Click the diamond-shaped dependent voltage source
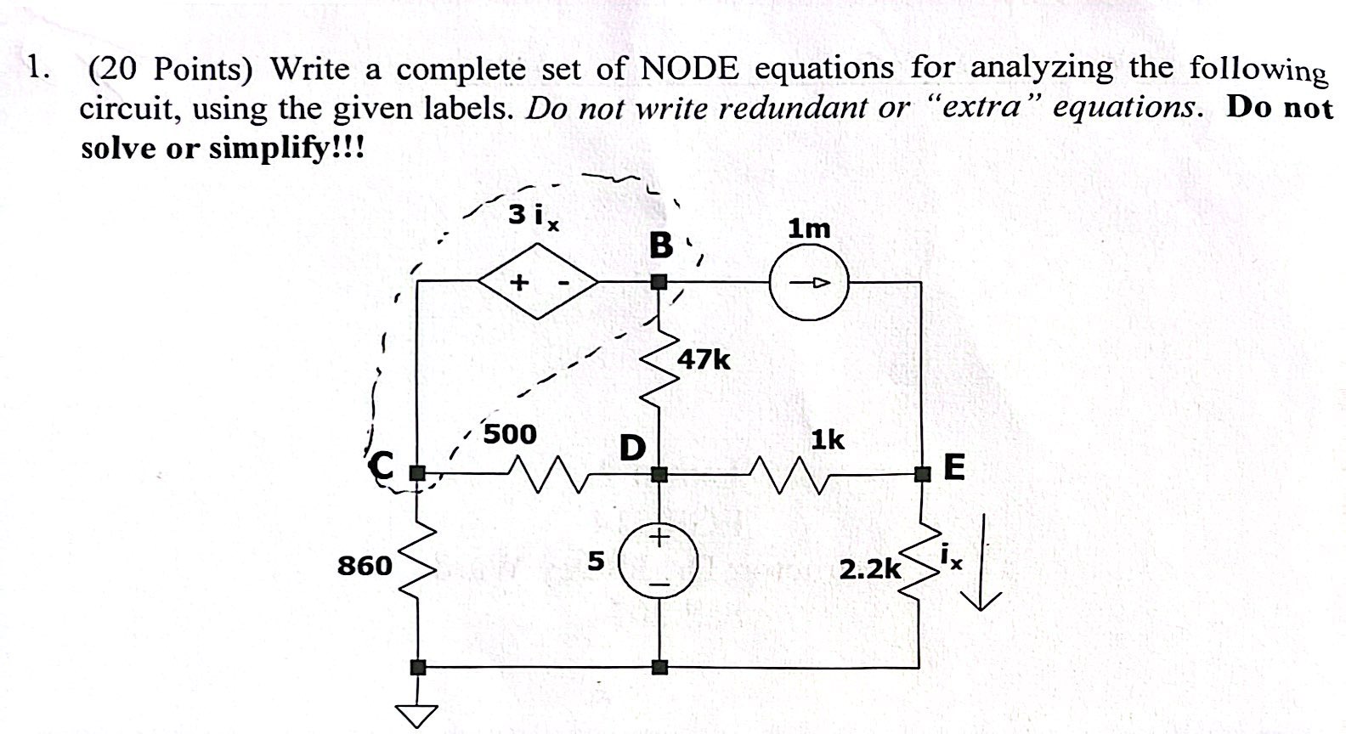click(538, 281)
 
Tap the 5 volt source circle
click(659, 562)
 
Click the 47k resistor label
click(704, 359)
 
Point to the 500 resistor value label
click(510, 434)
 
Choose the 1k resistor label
click(827, 440)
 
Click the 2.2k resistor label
click(869, 568)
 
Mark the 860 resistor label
click(365, 565)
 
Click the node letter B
click(660, 246)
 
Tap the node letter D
click(631, 447)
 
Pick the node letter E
click(954, 466)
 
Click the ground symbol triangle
click(416, 716)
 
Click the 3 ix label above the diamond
click(534, 216)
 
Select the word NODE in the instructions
click(689, 68)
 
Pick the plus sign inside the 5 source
click(659, 538)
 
